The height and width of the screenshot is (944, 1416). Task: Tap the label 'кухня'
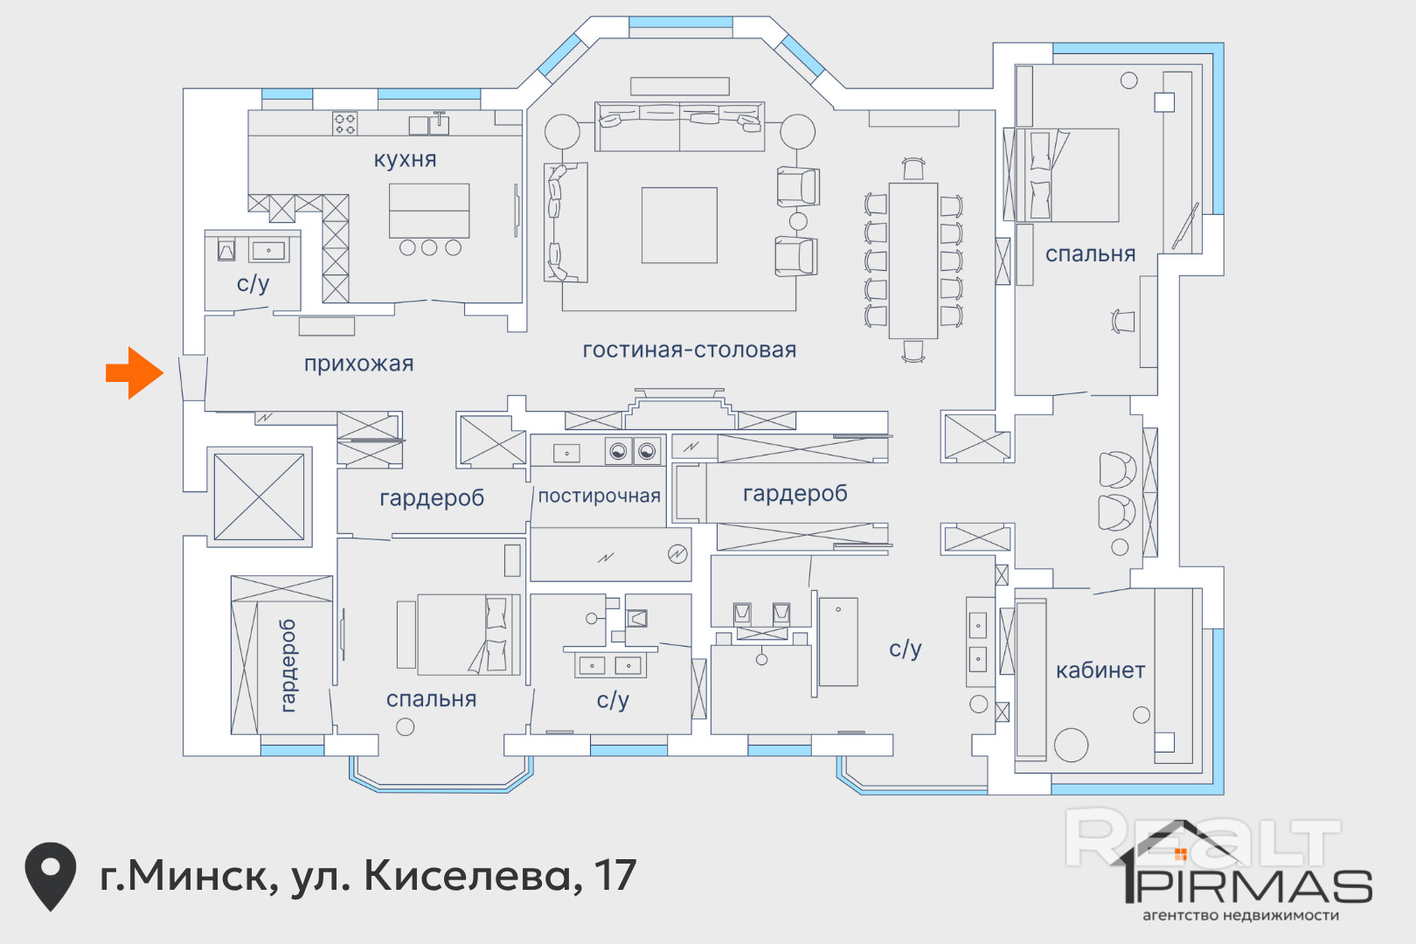point(406,159)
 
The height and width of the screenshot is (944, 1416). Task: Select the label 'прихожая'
point(359,364)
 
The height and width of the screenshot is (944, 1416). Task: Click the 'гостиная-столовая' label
point(690,350)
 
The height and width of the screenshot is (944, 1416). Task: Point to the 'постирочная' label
point(600,496)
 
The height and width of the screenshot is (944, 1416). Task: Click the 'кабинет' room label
point(1100,670)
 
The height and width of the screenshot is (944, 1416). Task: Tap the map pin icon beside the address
point(51,876)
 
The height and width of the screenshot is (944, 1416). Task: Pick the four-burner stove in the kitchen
point(344,123)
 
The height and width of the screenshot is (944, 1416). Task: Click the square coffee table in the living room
point(679,226)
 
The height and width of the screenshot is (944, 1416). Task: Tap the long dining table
point(913,261)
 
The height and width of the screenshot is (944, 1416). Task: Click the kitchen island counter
point(429,211)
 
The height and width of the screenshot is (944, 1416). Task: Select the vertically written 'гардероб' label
point(288,666)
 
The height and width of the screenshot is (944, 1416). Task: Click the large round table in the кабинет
point(1071,745)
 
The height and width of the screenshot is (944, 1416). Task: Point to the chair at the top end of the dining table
point(913,169)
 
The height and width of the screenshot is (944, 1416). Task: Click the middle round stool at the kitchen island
point(429,247)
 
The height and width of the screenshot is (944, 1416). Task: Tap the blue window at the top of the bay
point(681,22)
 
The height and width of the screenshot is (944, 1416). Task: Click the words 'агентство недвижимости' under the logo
point(1240,915)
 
